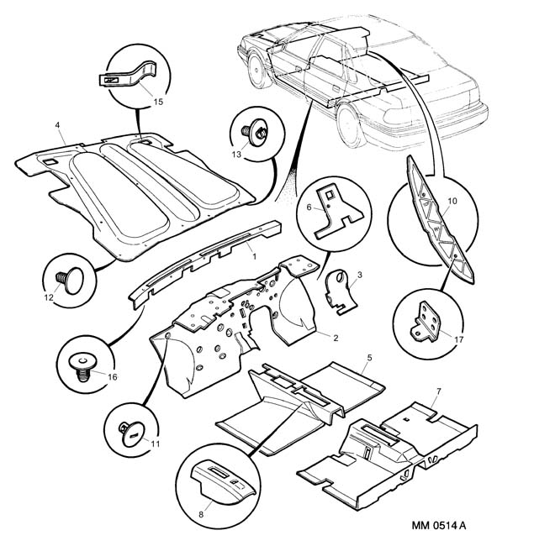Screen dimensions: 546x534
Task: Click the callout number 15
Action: [x=158, y=101]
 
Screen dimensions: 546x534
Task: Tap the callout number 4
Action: [x=57, y=127]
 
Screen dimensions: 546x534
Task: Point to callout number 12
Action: [x=49, y=297]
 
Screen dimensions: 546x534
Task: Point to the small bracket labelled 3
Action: [x=339, y=293]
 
